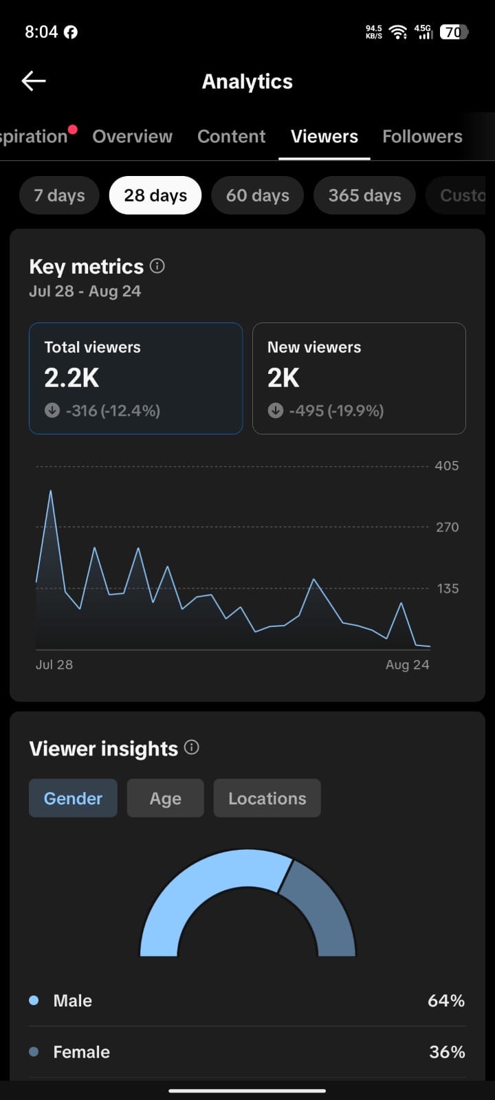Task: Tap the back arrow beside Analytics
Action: (34, 81)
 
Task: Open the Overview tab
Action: (132, 137)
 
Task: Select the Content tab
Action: (231, 137)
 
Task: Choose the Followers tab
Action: (422, 137)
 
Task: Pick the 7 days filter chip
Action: (59, 195)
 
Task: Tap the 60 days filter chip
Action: (257, 195)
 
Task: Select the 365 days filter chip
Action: (364, 195)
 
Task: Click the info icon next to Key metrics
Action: (157, 266)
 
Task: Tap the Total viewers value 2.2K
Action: (71, 377)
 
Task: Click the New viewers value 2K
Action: (283, 377)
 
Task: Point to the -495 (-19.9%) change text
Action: (336, 410)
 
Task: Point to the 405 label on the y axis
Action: (447, 465)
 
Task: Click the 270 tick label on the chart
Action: (448, 527)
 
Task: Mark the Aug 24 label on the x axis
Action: (408, 664)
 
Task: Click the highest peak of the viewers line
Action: (51, 491)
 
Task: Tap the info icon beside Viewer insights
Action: (192, 747)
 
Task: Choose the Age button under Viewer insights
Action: (166, 798)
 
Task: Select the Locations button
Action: (267, 798)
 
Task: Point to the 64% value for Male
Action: (446, 1000)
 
